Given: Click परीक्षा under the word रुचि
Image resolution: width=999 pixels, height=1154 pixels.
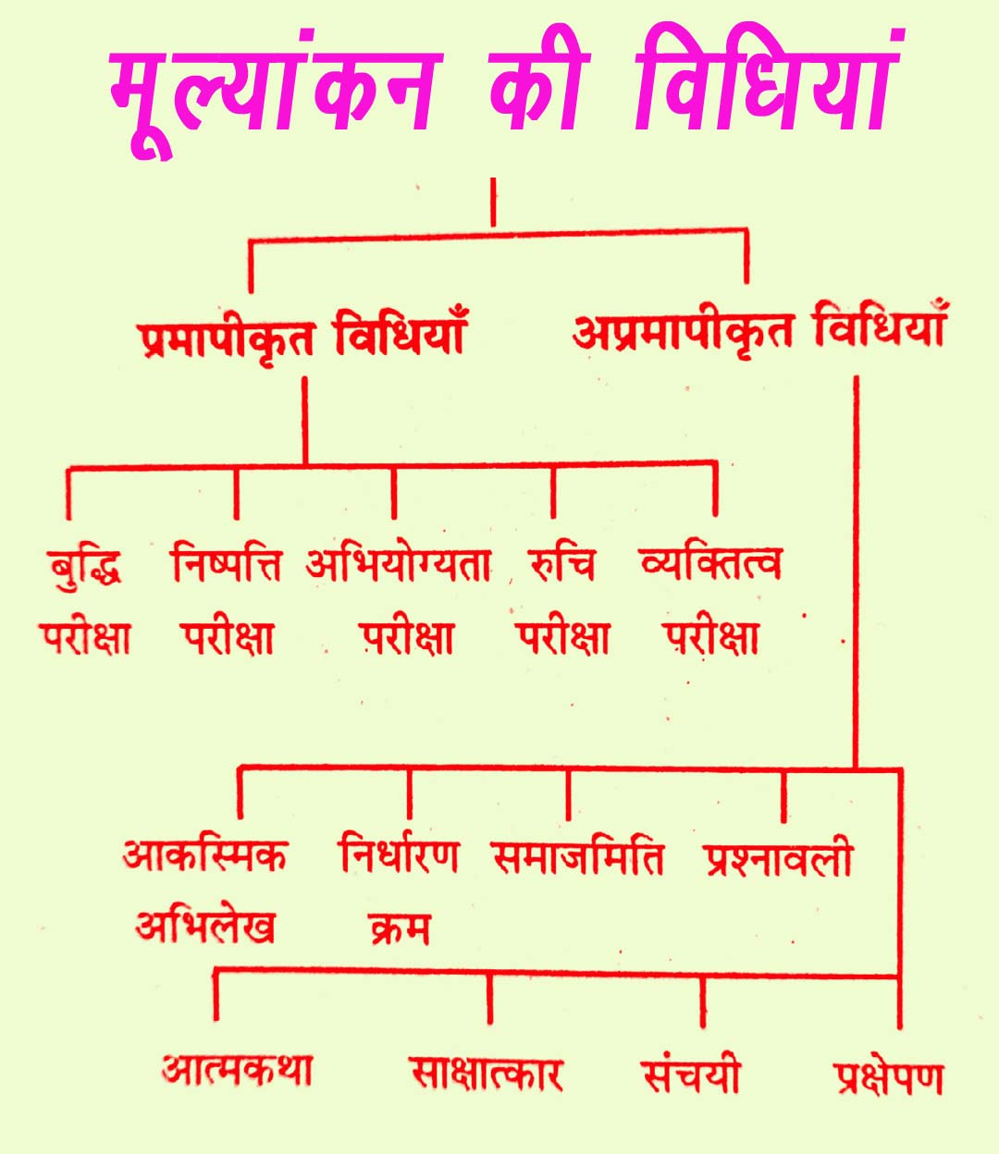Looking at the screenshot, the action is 561,638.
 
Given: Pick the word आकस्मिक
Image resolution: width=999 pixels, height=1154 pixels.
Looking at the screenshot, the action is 204,856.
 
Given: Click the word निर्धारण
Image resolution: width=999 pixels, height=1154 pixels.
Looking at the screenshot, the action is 398,856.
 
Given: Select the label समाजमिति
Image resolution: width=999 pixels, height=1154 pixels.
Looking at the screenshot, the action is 577,858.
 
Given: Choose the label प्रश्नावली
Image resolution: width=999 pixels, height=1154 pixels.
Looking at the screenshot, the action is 777,860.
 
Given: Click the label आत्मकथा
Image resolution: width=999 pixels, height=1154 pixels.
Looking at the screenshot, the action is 237,1071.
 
